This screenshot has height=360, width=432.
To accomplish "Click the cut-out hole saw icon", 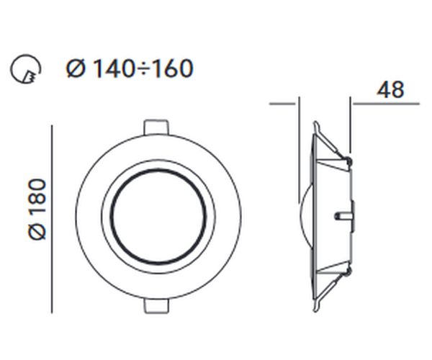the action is click(x=26, y=68).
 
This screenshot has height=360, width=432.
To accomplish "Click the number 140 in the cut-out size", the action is click(x=114, y=68).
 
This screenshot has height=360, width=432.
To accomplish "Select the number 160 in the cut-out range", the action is click(x=171, y=68).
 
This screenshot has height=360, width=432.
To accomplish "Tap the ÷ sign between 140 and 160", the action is click(x=143, y=69).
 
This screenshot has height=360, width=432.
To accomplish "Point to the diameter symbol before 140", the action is click(x=76, y=68).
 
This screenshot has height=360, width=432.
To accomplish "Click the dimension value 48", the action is click(x=390, y=89).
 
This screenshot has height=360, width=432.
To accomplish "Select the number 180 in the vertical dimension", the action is click(x=37, y=197).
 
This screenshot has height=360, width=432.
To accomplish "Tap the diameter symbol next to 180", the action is click(x=37, y=230).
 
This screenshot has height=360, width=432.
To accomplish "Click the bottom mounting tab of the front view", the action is click(x=156, y=305).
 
